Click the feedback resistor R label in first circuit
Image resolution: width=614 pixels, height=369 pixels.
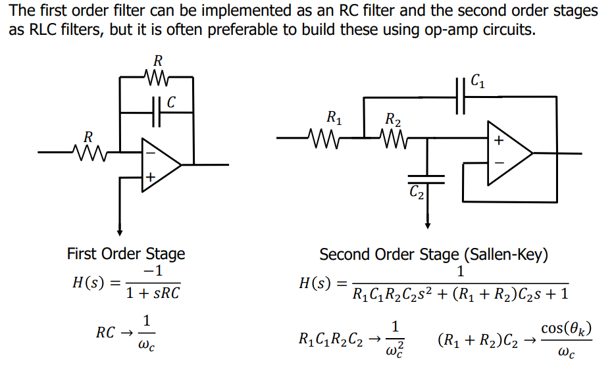pyautogui.click(x=158, y=61)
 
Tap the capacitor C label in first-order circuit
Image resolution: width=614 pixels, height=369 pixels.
pyautogui.click(x=172, y=102)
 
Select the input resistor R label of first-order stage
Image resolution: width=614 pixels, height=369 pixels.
pyautogui.click(x=88, y=136)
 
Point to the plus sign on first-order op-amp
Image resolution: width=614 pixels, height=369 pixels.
pyautogui.click(x=151, y=176)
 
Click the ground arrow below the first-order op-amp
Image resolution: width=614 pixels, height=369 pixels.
pyautogui.click(x=120, y=230)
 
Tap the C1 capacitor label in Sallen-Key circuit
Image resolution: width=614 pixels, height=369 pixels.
pyautogui.click(x=479, y=82)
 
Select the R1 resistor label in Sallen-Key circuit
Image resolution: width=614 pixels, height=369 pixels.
pyautogui.click(x=334, y=119)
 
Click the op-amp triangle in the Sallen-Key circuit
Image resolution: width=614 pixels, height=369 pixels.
pyautogui.click(x=509, y=153)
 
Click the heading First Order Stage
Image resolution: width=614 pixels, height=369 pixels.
pyautogui.click(x=126, y=254)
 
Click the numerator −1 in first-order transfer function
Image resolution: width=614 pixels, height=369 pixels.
pyautogui.click(x=153, y=271)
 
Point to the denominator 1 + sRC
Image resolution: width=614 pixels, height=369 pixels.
pyautogui.click(x=153, y=293)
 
